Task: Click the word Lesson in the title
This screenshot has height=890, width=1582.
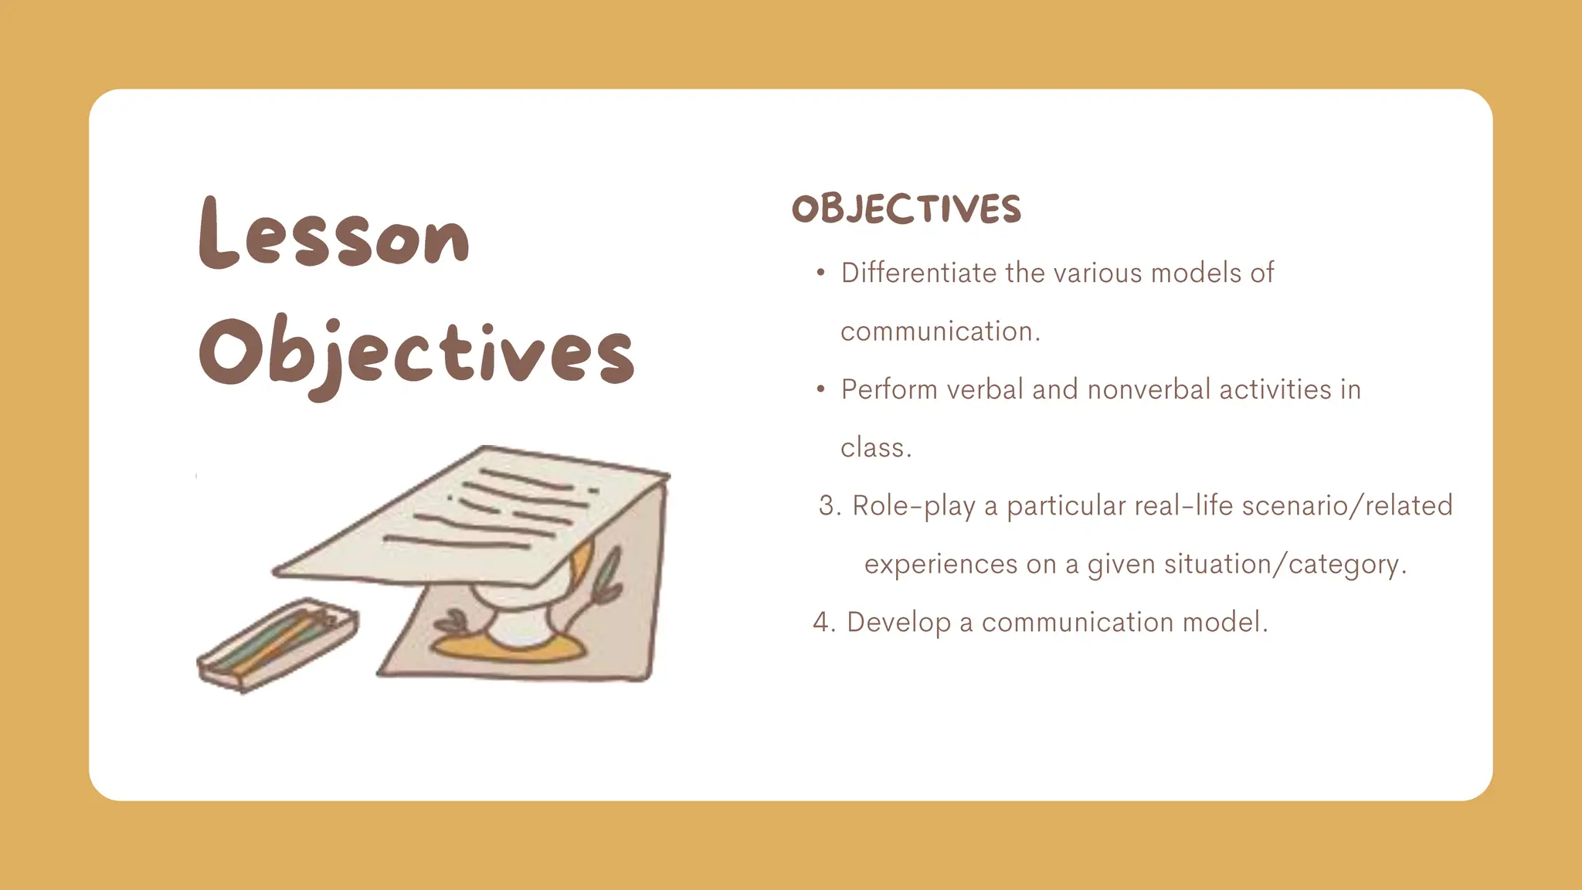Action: click(334, 234)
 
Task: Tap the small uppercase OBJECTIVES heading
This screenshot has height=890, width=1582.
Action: click(906, 209)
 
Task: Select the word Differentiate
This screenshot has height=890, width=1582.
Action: click(919, 273)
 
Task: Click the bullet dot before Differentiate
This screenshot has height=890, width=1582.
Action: click(820, 273)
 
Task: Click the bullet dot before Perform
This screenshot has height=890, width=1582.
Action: click(820, 389)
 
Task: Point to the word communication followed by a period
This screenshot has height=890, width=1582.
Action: click(940, 331)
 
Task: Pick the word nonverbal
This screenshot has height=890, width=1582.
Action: click(1149, 389)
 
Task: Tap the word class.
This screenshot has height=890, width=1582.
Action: click(875, 448)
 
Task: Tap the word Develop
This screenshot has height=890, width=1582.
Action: click(898, 623)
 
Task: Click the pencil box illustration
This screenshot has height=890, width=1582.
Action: click(278, 644)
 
